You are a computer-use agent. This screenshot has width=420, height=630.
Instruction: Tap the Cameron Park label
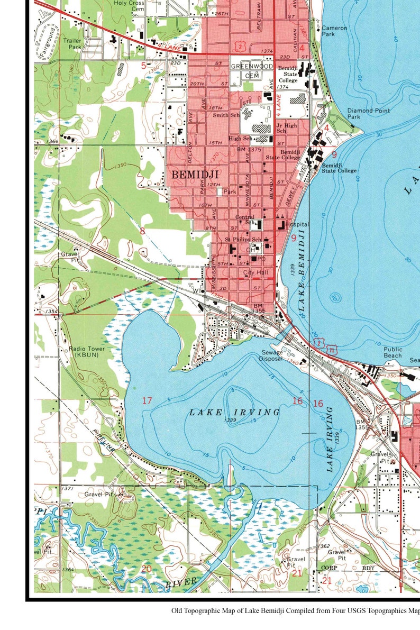click(334, 31)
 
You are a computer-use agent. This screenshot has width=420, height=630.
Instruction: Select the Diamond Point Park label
click(368, 114)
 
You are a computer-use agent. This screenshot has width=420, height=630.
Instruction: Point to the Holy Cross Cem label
click(130, 6)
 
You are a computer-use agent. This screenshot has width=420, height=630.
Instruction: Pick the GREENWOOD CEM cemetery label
click(252, 71)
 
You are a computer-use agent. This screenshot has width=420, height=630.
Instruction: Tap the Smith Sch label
click(226, 115)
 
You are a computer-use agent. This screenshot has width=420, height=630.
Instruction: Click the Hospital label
click(298, 225)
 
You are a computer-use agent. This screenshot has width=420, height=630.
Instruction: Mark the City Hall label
click(256, 272)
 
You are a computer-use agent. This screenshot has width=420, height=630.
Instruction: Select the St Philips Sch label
click(243, 240)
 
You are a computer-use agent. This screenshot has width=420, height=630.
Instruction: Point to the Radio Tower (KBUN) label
click(87, 352)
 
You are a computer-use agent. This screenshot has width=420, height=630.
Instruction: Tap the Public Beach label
click(392, 352)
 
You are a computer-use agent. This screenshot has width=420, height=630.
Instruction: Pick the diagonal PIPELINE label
click(104, 440)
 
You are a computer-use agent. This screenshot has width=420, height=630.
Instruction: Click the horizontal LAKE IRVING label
click(234, 412)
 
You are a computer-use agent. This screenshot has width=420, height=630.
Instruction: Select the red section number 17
click(147, 400)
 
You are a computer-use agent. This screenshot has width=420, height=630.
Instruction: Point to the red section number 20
click(147, 569)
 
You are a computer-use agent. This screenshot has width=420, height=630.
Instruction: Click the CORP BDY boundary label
click(348, 568)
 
